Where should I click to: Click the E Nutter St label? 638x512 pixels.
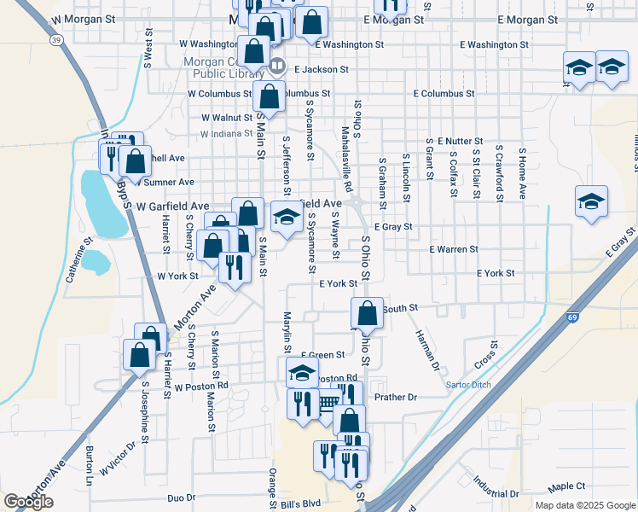coord(460,140)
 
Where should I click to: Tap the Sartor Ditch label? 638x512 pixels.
coord(468,385)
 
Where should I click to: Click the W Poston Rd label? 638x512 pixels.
coord(201,386)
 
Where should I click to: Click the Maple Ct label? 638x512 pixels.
coord(567,486)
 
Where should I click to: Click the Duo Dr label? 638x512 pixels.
coord(182,497)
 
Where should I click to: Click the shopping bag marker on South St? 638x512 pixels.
coord(367,313)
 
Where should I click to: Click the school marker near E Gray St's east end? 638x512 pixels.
coord(590,202)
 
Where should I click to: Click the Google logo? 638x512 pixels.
coord(29,502)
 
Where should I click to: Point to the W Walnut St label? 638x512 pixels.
coord(225,118)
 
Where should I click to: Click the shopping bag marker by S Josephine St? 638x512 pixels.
coord(139,354)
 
